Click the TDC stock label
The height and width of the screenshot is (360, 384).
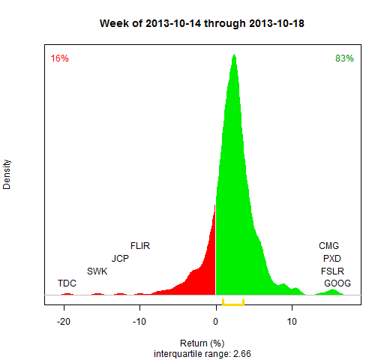click(67, 283)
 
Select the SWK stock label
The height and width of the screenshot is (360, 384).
click(97, 271)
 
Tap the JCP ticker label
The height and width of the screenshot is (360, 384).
click(120, 259)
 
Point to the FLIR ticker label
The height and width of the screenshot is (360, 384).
click(140, 246)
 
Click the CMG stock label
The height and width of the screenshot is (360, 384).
click(328, 246)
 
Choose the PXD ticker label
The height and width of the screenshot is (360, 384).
click(332, 259)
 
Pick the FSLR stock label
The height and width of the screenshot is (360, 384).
click(332, 271)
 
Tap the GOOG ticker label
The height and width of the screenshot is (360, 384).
click(337, 283)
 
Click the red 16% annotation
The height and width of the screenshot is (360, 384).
click(59, 58)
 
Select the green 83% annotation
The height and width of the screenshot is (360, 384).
click(344, 58)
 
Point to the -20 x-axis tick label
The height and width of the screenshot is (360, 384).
click(64, 322)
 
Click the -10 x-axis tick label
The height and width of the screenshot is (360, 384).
click(139, 322)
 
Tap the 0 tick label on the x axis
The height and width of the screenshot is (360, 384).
click(215, 322)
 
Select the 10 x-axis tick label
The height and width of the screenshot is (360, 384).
click(292, 322)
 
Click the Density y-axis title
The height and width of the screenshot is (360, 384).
click(7, 175)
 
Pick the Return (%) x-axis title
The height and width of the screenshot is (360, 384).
click(202, 343)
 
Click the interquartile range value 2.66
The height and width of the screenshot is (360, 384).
click(242, 354)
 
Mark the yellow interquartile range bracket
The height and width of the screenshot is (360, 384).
click(233, 304)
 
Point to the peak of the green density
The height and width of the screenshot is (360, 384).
click(234, 55)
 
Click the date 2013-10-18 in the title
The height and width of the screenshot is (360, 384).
click(277, 23)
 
